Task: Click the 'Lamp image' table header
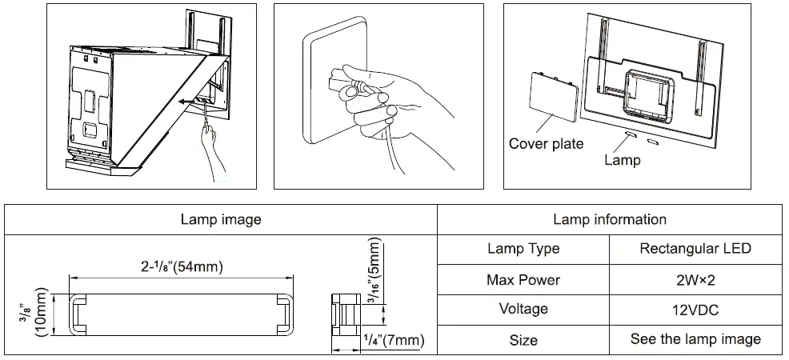221,219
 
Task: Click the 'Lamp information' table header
609,219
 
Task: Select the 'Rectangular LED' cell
695,249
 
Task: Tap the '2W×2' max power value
695,280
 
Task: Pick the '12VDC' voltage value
695,310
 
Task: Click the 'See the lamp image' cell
695,339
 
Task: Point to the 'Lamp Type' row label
523,249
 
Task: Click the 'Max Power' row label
523,280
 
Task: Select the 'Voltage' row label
523,310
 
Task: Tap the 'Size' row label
523,340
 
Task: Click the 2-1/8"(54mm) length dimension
177,266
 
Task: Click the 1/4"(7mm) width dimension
393,341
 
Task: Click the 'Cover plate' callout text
546,144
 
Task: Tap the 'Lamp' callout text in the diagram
622,160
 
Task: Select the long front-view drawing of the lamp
177,313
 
